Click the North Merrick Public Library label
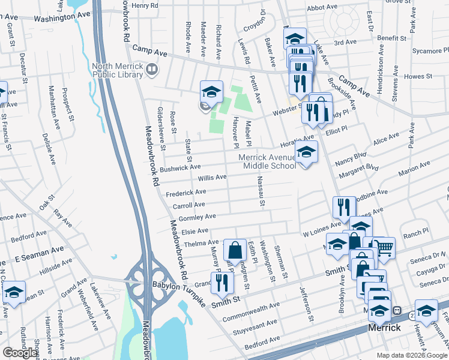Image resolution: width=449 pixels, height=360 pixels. (117, 70)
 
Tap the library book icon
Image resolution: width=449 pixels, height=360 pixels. (152, 71)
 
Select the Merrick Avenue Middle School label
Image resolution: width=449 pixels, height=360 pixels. (268, 161)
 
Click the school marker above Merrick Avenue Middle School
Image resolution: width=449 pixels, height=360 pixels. (306, 153)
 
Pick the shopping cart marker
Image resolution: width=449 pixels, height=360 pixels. (384, 247)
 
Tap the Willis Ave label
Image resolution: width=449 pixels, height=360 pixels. (212, 178)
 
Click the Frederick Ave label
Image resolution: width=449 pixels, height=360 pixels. (186, 193)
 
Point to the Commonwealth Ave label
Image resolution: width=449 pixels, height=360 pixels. (251, 312)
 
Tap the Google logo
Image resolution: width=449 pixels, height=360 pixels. (20, 353)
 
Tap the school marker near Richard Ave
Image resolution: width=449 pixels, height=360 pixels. (211, 92)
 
